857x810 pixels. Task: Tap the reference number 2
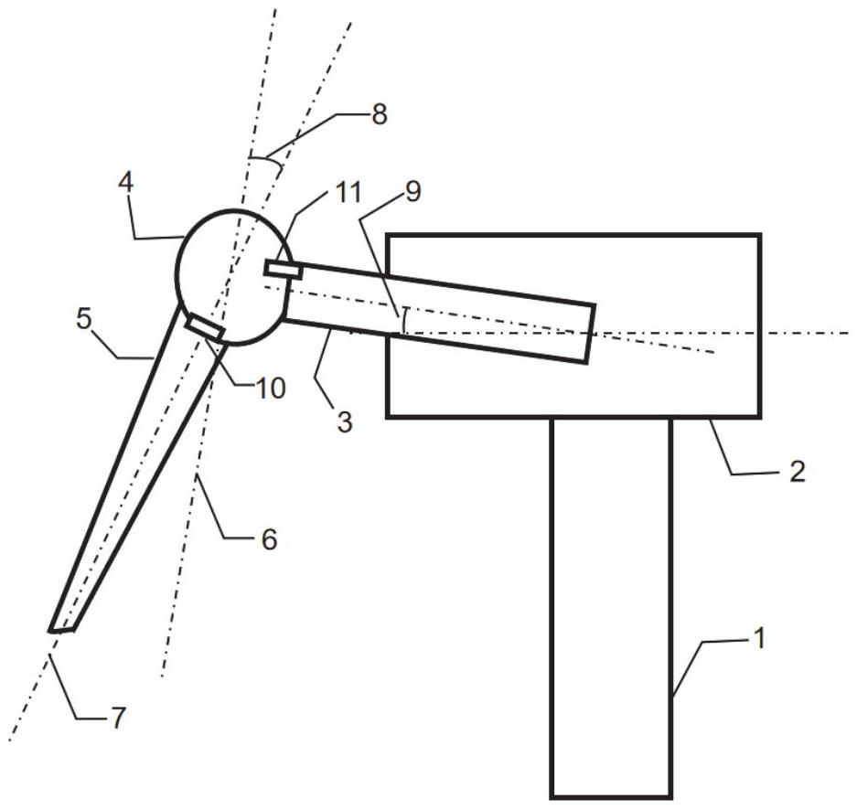[797, 471]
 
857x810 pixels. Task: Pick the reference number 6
[267, 540]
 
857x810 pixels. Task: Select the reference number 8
[379, 114]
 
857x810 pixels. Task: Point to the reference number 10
[271, 388]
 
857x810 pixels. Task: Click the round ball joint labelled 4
[229, 274]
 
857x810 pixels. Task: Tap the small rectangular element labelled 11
[283, 270]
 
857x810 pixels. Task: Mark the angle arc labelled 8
[264, 161]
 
